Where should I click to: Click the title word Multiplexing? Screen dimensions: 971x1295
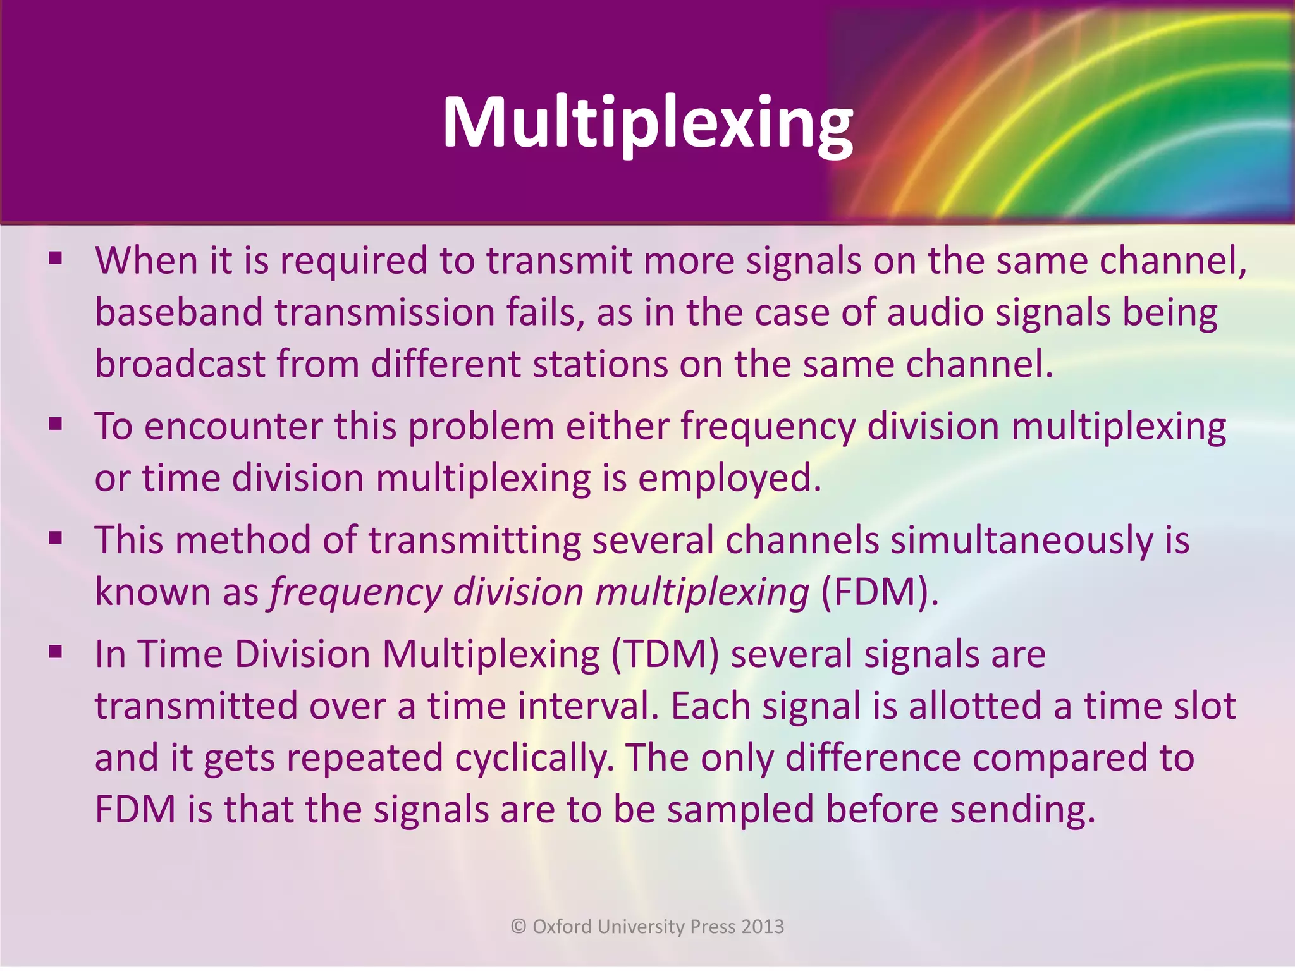tap(647, 123)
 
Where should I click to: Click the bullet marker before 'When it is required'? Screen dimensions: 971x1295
tap(56, 258)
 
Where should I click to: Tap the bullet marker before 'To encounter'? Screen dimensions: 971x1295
tap(56, 424)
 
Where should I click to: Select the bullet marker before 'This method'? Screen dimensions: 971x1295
tap(56, 538)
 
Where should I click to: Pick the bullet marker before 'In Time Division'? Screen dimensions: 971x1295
tap(56, 651)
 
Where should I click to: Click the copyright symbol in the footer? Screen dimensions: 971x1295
tap(519, 927)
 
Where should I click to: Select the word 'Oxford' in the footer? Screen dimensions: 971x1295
tap(563, 927)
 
